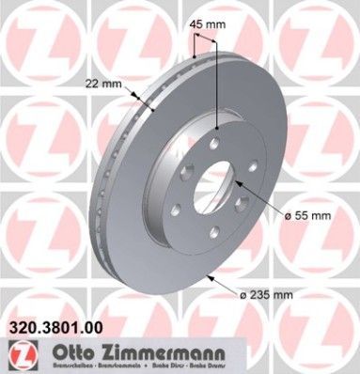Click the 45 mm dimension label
point(210,24)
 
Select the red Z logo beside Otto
point(22,355)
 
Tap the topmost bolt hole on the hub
point(215,143)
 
